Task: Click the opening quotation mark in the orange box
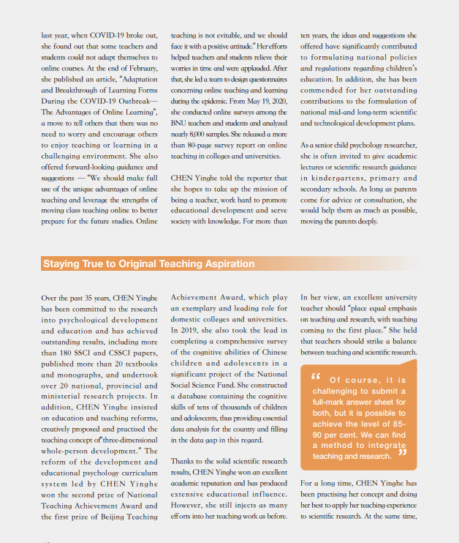[316, 378]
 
